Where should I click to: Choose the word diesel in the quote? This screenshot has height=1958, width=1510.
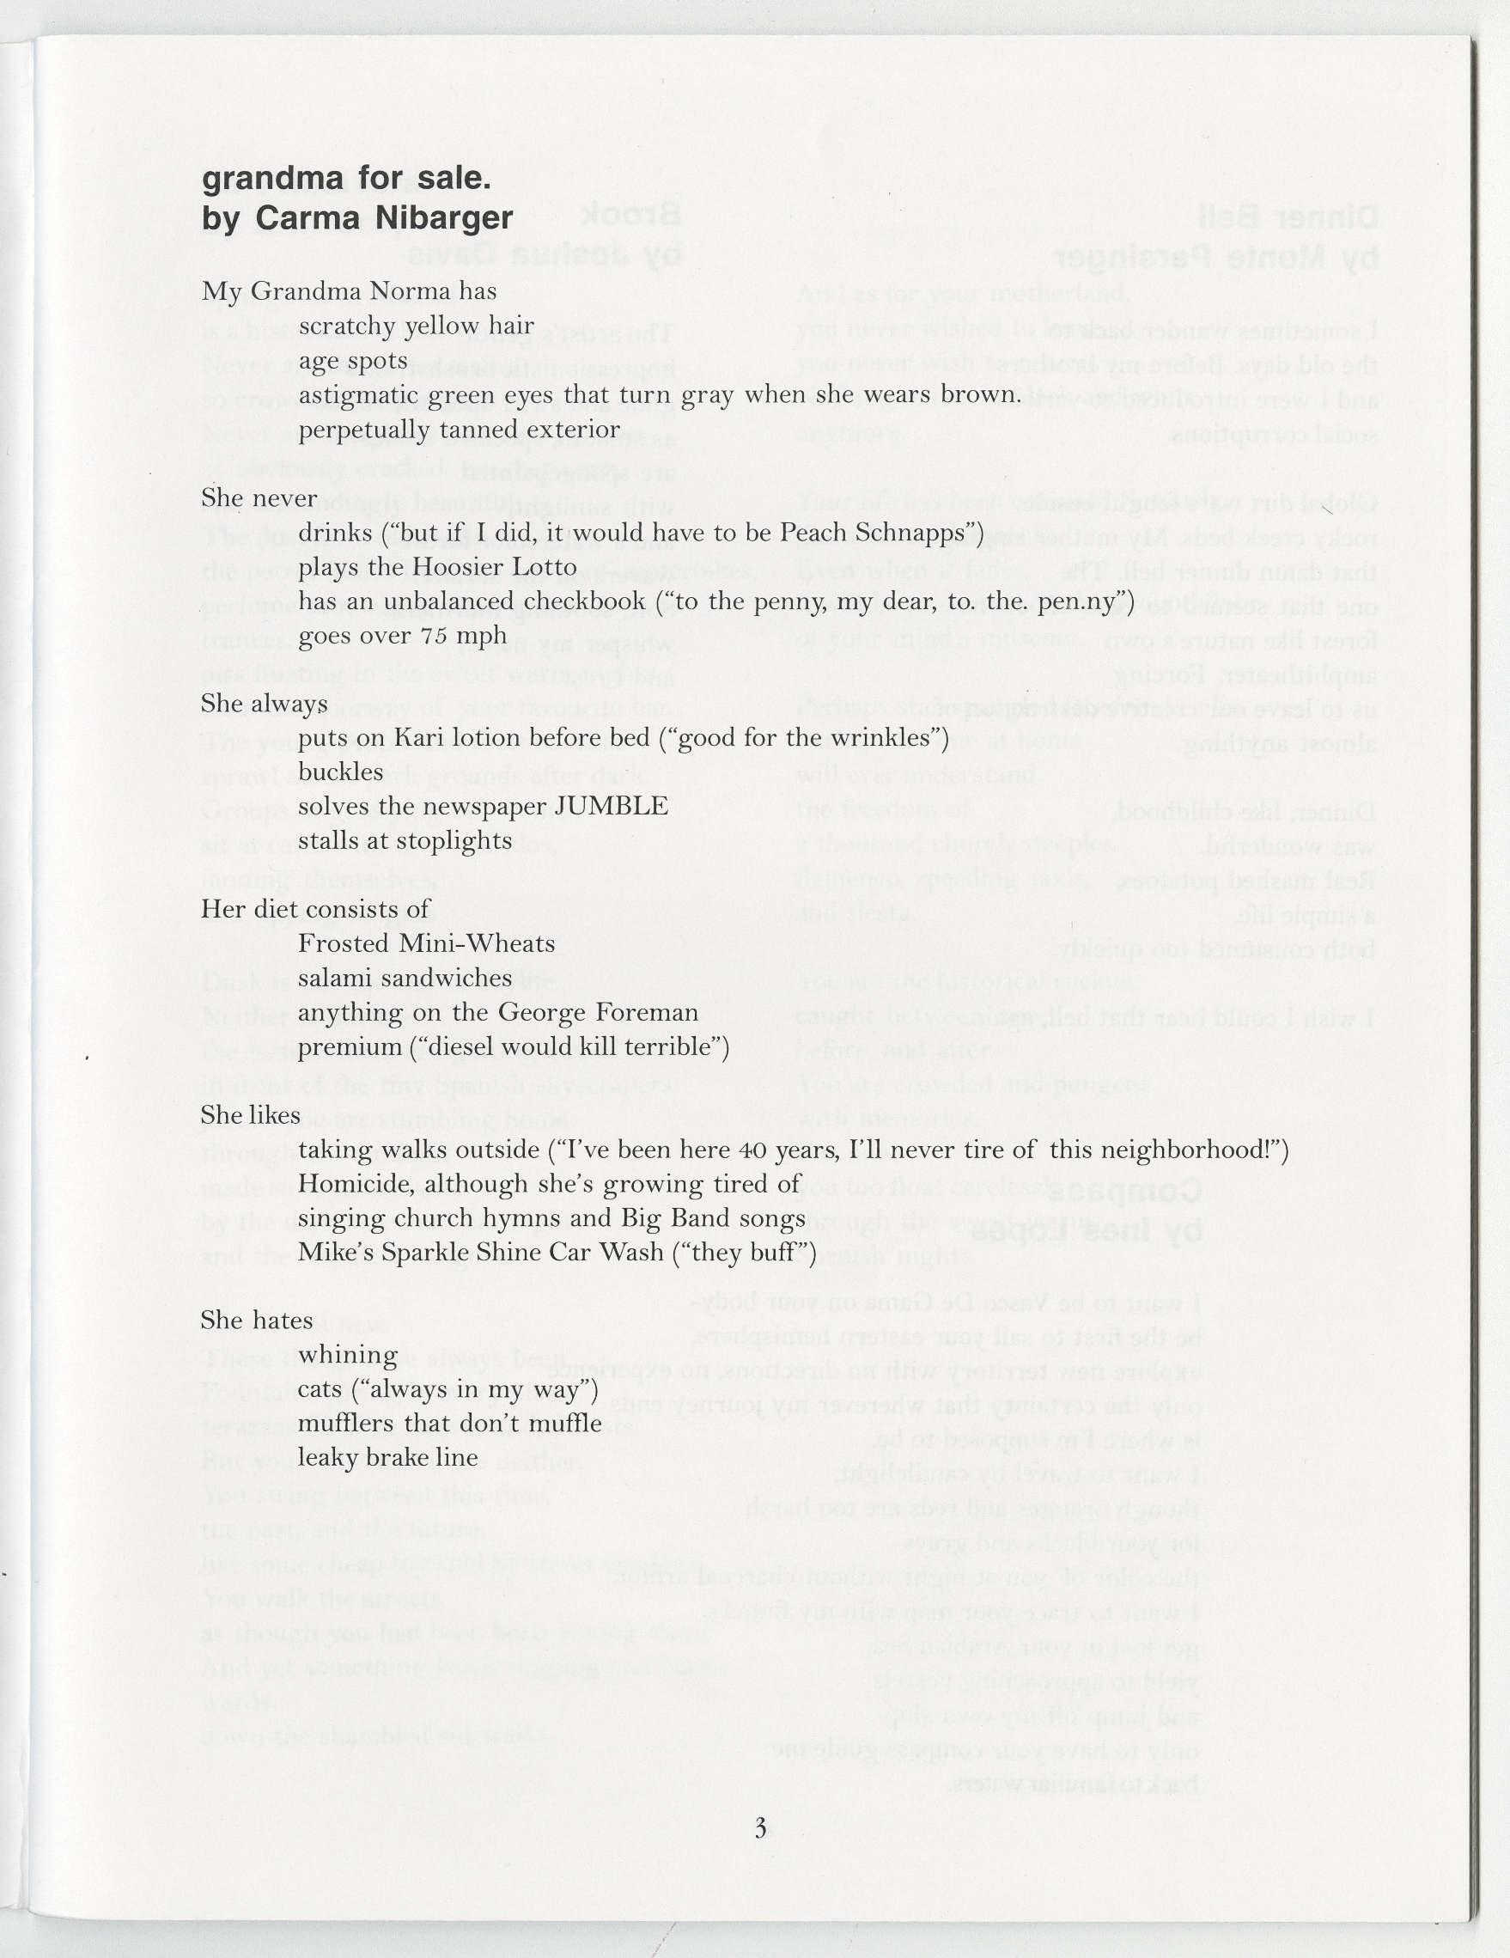pos(451,1047)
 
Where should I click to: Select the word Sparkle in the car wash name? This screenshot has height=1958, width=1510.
pos(431,1253)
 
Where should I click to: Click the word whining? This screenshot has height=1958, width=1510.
pos(335,1355)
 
